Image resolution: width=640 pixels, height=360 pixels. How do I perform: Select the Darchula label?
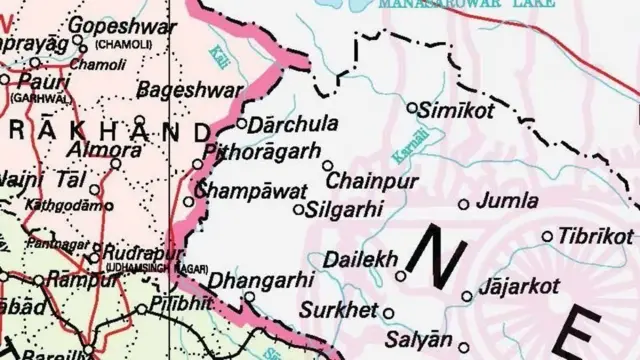(x=286, y=126)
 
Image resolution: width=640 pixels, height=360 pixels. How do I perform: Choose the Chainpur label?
(x=373, y=182)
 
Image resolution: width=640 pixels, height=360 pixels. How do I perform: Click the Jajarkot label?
(x=519, y=287)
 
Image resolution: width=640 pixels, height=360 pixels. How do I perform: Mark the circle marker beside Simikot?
(x=413, y=106)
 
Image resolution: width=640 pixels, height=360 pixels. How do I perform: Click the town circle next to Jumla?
(x=463, y=204)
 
